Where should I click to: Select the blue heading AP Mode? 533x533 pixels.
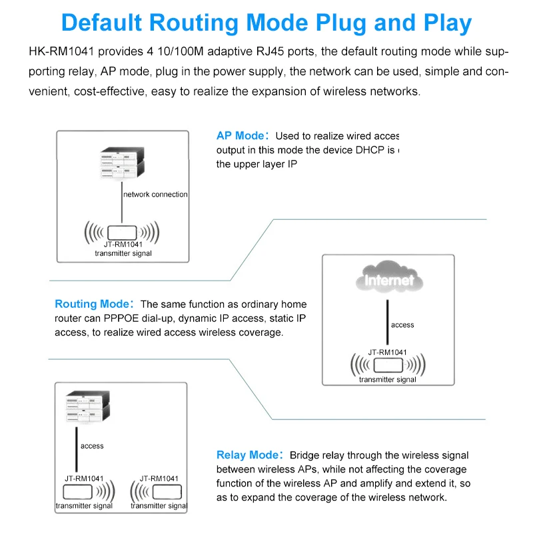pyautogui.click(x=240, y=136)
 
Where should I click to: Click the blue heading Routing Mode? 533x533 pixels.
pyautogui.click(x=94, y=304)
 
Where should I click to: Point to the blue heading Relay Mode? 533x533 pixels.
pyautogui.click(x=246, y=455)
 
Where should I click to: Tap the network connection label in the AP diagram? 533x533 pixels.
pyautogui.click(x=155, y=195)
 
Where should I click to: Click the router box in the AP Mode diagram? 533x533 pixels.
pyautogui.click(x=121, y=233)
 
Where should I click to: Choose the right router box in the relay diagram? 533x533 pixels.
pyautogui.click(x=164, y=492)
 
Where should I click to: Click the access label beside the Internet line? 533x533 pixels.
pyautogui.click(x=402, y=325)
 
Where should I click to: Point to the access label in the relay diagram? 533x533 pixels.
pyautogui.click(x=92, y=446)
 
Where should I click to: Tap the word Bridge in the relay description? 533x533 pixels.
pyautogui.click(x=305, y=455)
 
